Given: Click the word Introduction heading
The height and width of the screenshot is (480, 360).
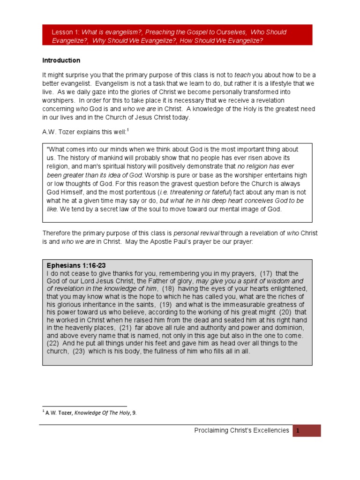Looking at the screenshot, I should (x=61, y=60).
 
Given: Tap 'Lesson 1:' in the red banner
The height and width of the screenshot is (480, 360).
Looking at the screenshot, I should (x=66, y=32).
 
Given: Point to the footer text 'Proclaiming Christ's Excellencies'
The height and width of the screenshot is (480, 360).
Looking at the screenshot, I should (x=241, y=430).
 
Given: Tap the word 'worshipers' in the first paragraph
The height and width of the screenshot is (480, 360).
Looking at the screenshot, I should (x=60, y=100).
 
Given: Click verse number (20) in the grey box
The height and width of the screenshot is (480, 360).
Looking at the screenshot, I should (x=285, y=312).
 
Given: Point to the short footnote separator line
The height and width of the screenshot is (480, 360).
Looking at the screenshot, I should (x=84, y=406).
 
